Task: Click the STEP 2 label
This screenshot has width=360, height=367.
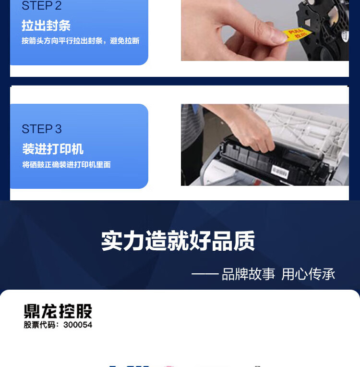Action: point(41,6)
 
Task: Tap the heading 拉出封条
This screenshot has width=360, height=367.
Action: point(46,25)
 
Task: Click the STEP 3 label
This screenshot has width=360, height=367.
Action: point(41,129)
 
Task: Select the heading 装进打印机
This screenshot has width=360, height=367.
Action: point(53,149)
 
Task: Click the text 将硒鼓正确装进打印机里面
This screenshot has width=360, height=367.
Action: point(66,165)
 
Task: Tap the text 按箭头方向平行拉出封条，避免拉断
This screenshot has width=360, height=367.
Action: point(80,41)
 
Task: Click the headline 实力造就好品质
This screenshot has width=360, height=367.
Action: point(178,241)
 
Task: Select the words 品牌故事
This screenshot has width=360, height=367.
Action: point(248,274)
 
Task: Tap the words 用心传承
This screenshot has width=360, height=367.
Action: point(308,274)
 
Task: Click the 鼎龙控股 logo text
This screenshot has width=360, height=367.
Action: point(58,311)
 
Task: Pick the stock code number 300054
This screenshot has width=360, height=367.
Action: point(78,325)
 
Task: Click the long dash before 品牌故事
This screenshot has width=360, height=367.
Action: point(205,274)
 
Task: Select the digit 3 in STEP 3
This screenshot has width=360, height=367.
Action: point(59,129)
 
